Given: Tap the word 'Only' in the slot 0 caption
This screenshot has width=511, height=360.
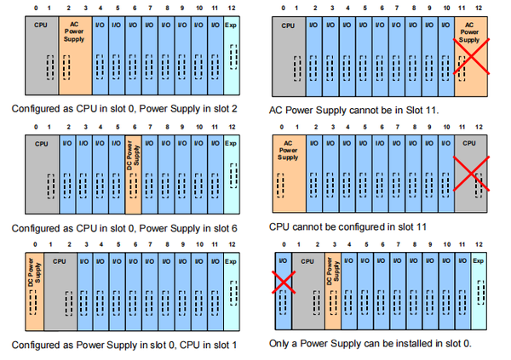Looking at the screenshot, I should pos(282,343).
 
